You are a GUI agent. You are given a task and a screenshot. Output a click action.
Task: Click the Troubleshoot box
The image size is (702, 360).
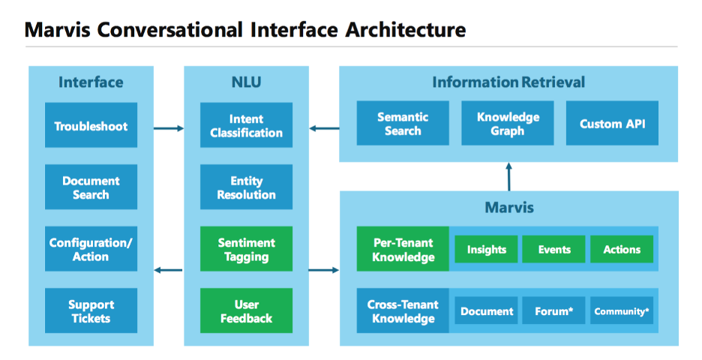pyautogui.click(x=91, y=126)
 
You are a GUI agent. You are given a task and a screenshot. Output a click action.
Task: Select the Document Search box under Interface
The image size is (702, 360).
pyautogui.click(x=91, y=187)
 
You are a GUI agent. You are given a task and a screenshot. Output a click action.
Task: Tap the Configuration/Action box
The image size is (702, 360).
pyautogui.click(x=91, y=249)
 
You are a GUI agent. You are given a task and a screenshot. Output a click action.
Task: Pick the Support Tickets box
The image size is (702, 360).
pyautogui.click(x=91, y=311)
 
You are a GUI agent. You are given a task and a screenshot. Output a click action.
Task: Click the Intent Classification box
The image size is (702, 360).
pyautogui.click(x=246, y=126)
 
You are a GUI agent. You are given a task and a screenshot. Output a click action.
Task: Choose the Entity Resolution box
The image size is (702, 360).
pyautogui.click(x=246, y=187)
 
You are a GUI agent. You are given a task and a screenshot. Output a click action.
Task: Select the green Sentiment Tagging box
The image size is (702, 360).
pyautogui.click(x=246, y=249)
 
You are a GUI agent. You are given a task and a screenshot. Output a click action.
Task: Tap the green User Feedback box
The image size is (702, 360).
pyautogui.click(x=246, y=311)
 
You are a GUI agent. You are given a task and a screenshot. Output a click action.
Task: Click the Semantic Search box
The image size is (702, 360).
pyautogui.click(x=403, y=124)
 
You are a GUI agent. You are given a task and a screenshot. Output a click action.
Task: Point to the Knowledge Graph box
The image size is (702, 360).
pyautogui.click(x=508, y=124)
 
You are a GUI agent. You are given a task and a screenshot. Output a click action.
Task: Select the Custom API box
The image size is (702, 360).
pyautogui.click(x=612, y=124)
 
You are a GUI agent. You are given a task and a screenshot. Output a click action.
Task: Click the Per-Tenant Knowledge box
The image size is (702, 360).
pyautogui.click(x=403, y=250)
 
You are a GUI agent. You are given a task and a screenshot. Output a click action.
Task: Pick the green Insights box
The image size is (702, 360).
pyautogui.click(x=487, y=250)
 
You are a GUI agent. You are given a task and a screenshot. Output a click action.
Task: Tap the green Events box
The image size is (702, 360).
pyautogui.click(x=554, y=250)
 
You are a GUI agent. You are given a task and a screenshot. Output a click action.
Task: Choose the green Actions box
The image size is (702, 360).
pyautogui.click(x=622, y=250)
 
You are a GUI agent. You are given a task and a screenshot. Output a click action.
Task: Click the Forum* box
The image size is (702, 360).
pyautogui.click(x=554, y=311)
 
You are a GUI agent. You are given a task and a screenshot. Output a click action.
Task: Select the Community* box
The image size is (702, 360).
pyautogui.click(x=622, y=311)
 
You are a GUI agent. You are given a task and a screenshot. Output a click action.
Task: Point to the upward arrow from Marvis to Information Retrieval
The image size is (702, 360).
pyautogui.click(x=508, y=176)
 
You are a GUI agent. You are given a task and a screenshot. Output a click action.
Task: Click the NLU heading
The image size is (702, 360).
pyautogui.click(x=247, y=82)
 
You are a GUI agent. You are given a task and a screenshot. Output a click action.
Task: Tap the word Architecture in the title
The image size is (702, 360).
pyautogui.click(x=406, y=30)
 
